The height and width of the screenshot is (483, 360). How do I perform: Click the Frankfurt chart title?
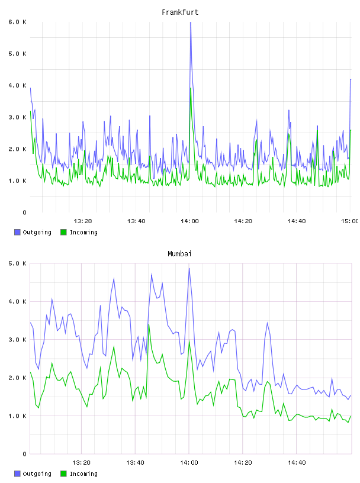click(x=180, y=12)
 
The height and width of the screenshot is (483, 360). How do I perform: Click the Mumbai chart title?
click(x=179, y=254)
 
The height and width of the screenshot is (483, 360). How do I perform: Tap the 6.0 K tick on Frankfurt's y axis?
click(x=18, y=22)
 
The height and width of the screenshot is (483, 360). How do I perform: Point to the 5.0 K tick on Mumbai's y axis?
click(x=18, y=263)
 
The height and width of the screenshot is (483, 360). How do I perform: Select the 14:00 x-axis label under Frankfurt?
click(x=189, y=221)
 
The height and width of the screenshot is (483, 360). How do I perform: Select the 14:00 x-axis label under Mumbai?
click(x=189, y=462)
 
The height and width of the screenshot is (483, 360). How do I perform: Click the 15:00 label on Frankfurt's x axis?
click(x=350, y=221)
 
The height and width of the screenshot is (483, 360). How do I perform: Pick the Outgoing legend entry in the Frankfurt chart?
click(x=33, y=232)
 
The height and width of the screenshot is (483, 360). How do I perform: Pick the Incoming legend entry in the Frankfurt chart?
click(x=79, y=232)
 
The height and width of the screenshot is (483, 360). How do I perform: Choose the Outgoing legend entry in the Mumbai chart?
click(x=33, y=474)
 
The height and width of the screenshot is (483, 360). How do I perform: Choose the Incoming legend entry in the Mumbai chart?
click(x=79, y=474)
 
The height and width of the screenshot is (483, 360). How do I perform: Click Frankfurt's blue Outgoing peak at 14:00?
click(x=191, y=22)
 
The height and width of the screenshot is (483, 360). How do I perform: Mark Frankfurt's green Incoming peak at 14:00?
click(x=191, y=88)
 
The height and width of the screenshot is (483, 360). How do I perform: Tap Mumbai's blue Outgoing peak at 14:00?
click(x=189, y=268)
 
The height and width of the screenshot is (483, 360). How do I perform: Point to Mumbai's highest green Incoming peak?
click(x=149, y=324)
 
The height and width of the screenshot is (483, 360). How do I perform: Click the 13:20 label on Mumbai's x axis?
click(x=81, y=462)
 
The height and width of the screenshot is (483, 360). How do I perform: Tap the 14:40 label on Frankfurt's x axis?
click(x=297, y=221)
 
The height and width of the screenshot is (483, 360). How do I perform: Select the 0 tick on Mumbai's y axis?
click(x=24, y=454)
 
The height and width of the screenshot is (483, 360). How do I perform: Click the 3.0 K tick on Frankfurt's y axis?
click(x=18, y=117)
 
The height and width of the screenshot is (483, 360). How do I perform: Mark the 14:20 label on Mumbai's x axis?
click(x=243, y=462)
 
